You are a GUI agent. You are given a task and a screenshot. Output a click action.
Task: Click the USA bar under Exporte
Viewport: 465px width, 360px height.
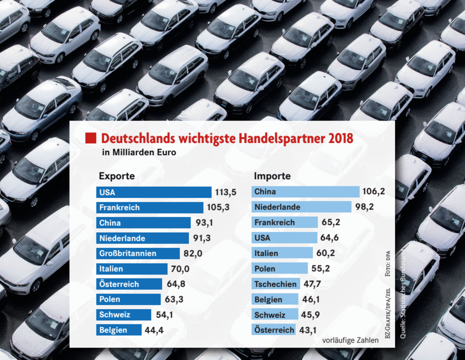coord(153,192)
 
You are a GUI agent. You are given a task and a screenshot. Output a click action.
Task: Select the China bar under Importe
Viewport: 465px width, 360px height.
coord(306,191)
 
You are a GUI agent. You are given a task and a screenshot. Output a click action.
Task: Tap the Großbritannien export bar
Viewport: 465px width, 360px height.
coord(137,253)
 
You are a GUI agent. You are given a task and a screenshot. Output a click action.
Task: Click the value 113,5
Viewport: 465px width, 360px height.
coord(225,192)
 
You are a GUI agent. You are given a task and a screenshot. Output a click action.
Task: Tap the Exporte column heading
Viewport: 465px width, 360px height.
coord(116,176)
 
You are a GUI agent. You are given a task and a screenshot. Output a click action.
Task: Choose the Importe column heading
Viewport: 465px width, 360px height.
coord(272,176)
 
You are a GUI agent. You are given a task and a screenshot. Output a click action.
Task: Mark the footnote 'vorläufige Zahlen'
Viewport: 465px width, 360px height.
coord(350,340)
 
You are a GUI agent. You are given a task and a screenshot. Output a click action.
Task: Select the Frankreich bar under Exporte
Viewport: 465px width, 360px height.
coord(149,207)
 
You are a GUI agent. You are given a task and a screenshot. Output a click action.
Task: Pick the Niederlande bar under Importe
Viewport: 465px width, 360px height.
coord(302,207)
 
